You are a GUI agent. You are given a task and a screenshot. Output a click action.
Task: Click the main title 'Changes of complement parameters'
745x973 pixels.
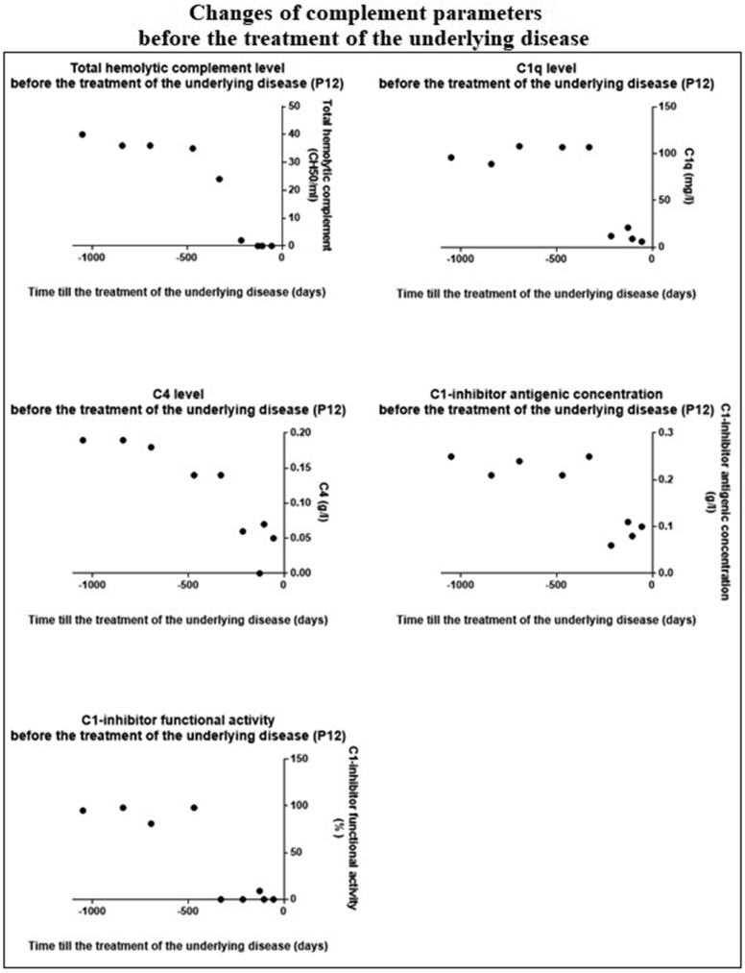372,14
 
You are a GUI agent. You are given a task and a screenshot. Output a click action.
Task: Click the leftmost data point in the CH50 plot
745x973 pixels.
83,134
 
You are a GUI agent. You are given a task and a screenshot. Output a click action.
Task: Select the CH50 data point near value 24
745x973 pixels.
220,179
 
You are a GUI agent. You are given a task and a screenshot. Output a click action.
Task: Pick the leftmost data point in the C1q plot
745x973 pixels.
451,158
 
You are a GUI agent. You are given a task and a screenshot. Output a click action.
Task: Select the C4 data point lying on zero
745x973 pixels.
259,573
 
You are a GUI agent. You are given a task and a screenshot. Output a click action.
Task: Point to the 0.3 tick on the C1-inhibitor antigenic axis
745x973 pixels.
663,433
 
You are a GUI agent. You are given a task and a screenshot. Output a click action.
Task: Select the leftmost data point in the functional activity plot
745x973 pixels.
83,811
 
